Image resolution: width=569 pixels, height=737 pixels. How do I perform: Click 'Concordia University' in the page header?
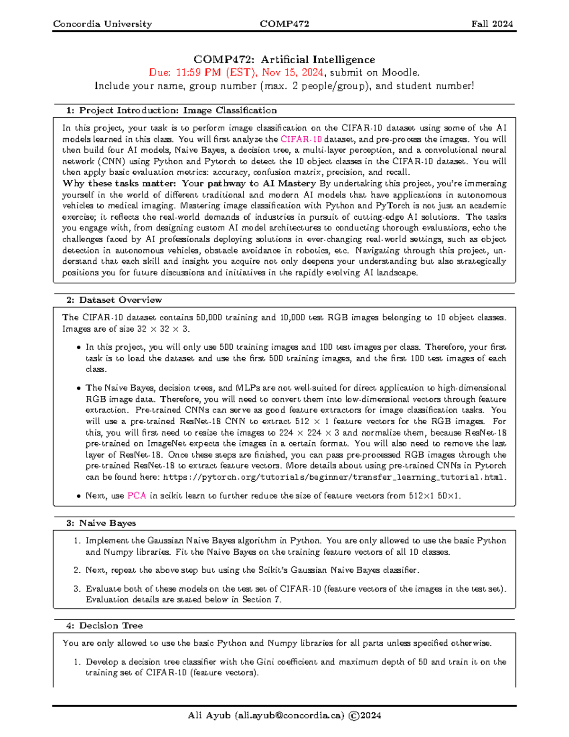102,24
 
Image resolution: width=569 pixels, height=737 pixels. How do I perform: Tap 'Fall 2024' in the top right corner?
492,24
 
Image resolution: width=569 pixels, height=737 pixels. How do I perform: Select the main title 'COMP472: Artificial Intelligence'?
284,59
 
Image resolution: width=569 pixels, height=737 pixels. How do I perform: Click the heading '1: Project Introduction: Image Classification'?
171,111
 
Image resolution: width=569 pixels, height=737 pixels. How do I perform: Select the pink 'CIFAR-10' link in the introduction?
301,140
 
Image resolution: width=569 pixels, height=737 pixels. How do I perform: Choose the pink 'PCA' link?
137,496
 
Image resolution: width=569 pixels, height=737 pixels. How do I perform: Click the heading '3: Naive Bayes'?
101,523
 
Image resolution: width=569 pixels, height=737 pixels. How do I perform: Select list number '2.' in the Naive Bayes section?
77,570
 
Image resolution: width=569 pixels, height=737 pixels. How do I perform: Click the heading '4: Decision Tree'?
104,625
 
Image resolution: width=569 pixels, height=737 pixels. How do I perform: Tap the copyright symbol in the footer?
353,716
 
